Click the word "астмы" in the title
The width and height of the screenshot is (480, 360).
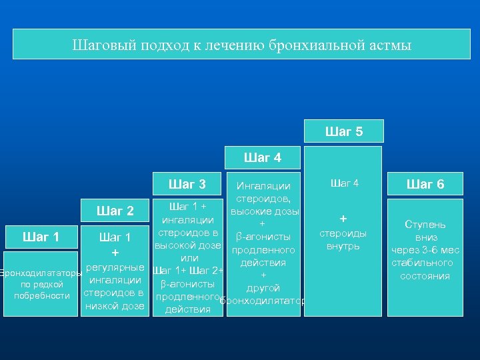[x=389, y=46]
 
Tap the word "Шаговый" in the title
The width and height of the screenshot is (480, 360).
[x=99, y=46]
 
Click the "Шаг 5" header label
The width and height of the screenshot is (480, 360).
[x=344, y=132]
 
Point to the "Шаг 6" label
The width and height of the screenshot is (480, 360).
[x=425, y=185]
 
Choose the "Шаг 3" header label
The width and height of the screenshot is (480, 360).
[x=187, y=184]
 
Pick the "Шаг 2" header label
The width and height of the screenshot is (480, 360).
[x=115, y=211]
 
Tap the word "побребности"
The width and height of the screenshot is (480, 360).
[x=42, y=295]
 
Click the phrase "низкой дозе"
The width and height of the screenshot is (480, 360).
[x=115, y=306]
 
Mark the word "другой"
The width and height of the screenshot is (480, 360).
[x=263, y=288]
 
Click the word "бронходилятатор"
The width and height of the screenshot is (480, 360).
[x=263, y=301]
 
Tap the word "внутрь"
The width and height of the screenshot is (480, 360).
[x=343, y=246]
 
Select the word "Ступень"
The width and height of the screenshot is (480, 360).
[x=426, y=225]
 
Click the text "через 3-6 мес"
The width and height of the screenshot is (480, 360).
[x=426, y=250]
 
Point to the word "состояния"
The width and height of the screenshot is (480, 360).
[x=426, y=275]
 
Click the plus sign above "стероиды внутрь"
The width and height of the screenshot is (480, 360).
[x=343, y=219]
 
